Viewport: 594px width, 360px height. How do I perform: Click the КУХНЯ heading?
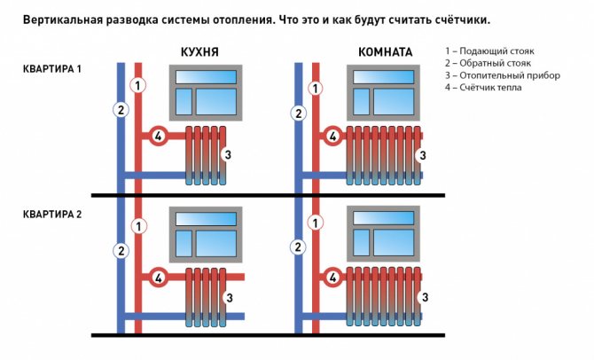click(x=199, y=52)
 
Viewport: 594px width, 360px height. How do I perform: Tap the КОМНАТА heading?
click(x=386, y=52)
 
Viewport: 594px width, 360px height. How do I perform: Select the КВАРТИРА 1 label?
click(x=52, y=69)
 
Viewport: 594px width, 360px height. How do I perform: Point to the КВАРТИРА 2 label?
click(x=52, y=215)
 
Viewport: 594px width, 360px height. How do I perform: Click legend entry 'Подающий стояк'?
click(x=489, y=51)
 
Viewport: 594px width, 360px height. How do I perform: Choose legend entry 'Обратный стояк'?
click(x=488, y=63)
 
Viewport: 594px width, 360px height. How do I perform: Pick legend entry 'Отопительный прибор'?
click(x=503, y=75)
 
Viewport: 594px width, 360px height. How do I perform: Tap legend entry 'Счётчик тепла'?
click(x=483, y=88)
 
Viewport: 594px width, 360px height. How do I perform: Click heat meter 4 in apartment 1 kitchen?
click(x=159, y=136)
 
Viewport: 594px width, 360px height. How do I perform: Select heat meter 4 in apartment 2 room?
click(x=332, y=278)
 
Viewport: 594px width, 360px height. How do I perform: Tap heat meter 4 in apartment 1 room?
click(x=332, y=136)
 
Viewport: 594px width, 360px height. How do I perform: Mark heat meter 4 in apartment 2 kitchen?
click(x=159, y=278)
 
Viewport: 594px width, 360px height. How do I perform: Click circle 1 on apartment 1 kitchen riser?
click(x=138, y=85)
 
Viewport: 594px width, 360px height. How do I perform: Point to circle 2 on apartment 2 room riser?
click(x=298, y=247)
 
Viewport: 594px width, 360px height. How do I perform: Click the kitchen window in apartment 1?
click(x=206, y=93)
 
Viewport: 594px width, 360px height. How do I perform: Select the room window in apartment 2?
click(x=383, y=234)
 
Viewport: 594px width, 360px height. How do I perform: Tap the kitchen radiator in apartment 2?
click(x=206, y=297)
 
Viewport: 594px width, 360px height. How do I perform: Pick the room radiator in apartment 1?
click(x=383, y=155)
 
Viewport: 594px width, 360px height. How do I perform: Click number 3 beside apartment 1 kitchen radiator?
click(x=228, y=154)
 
